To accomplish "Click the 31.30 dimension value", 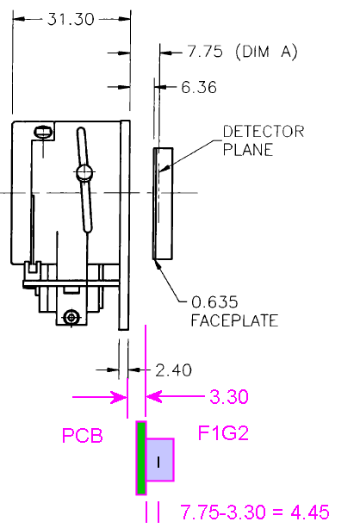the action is coord(71,19).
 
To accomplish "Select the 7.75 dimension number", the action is coord(205,52).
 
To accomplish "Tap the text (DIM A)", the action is coord(266,52).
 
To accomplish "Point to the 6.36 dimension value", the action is coord(199,87).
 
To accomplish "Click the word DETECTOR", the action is coord(264,131).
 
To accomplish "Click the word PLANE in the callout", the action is coord(248,150).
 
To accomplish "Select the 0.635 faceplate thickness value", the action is coord(214,302).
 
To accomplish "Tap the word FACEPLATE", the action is coord(234,320).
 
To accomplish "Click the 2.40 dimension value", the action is coord(173,370).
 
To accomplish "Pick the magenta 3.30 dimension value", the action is coord(229,396).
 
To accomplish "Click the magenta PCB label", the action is coord(83,435).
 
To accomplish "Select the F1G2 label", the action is coord(223,433).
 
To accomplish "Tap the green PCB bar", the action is coord(141,458).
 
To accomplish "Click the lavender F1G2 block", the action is coord(160,460).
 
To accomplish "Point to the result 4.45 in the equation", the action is coord(310,512).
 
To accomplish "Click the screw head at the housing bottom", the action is coord(71,317).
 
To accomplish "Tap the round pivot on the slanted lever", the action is coord(84,172).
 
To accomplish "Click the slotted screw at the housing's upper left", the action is coord(43,131).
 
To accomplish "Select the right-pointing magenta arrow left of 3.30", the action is coord(100,397).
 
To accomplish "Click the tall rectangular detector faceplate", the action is coord(163,204).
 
